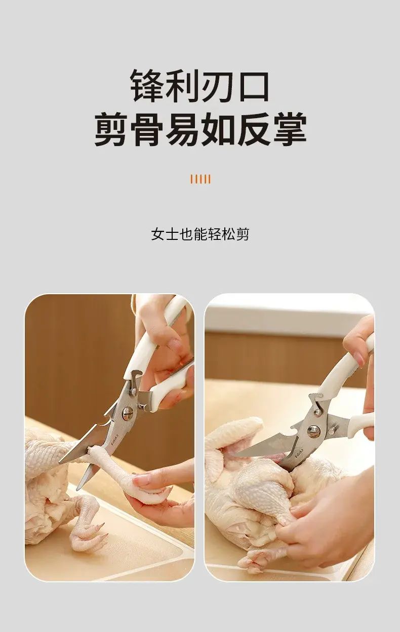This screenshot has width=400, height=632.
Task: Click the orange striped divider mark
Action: (x=201, y=179)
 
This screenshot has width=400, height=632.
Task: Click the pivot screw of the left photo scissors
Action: (x=128, y=414)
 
